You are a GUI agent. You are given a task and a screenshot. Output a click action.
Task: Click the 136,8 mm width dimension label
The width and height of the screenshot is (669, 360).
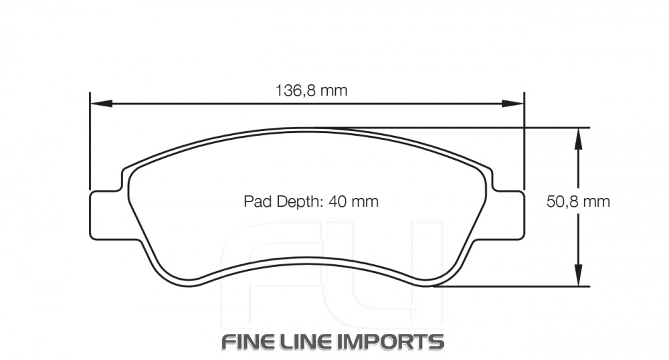pos(312,90)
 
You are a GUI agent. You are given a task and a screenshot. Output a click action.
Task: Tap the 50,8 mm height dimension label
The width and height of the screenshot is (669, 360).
pos(578,201)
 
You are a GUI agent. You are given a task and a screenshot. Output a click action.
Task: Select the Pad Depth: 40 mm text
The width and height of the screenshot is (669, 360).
pos(311,201)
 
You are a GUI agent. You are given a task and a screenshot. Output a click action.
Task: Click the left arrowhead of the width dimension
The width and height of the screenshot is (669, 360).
pos(98,104)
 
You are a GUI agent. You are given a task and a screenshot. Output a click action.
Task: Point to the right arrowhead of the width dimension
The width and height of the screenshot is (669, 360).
pos(514,104)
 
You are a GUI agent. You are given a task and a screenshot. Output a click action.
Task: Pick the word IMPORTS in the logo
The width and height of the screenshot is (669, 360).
pos(395,341)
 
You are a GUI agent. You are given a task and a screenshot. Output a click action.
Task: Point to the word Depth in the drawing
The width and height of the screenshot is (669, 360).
pos(294,201)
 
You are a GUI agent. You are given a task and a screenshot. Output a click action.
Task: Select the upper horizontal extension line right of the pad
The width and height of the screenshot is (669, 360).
pos(549,127)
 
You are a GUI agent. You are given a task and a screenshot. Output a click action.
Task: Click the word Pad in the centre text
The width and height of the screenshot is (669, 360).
pos(255,201)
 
